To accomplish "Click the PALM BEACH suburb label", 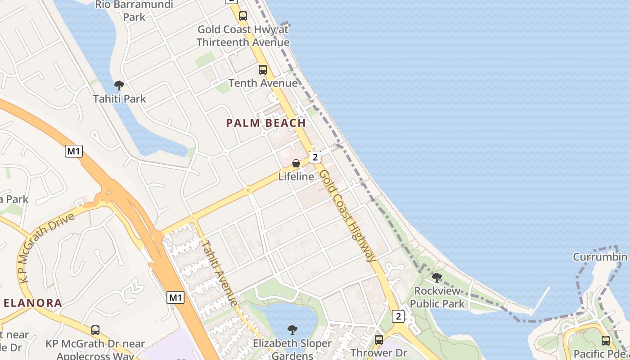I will click(265, 123).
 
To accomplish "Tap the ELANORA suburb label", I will click(33, 303).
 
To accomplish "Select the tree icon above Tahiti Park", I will click(119, 85).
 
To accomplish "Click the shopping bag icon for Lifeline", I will click(296, 163).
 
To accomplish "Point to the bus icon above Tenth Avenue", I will click(263, 70).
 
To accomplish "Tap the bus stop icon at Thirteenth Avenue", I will click(243, 16).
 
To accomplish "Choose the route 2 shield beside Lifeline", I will click(315, 157).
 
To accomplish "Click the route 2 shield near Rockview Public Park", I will click(398, 316).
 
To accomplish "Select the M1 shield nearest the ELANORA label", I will click(175, 297).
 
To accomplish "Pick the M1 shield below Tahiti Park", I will click(74, 151).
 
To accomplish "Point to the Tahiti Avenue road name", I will click(219, 272).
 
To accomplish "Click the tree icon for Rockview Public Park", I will click(436, 277).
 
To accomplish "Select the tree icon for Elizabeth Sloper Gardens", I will click(292, 330).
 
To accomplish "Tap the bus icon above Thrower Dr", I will click(379, 339).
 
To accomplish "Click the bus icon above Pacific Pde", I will click(606, 340).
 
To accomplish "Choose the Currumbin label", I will click(600, 257).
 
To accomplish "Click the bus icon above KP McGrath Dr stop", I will click(95, 330).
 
